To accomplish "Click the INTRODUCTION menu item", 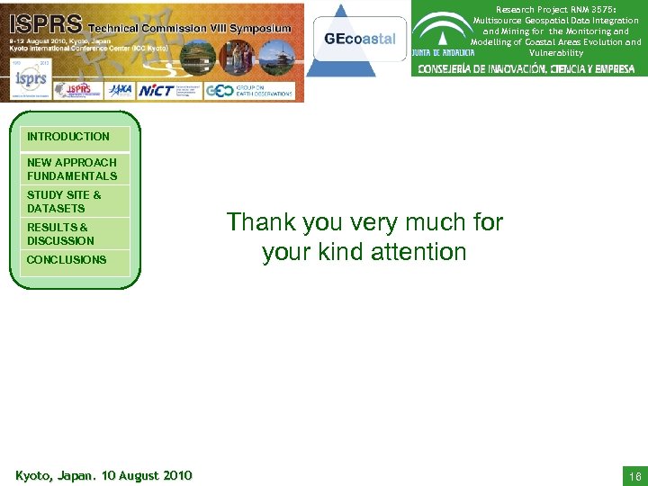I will (x=68, y=137).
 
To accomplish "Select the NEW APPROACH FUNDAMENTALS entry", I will (x=72, y=169).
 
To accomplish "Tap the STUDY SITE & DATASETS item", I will (x=65, y=202).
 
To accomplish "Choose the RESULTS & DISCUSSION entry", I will (x=60, y=234).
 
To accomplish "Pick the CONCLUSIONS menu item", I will (x=67, y=260).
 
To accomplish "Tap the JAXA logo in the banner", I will (x=119, y=90).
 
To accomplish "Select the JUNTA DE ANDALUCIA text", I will (x=445, y=52).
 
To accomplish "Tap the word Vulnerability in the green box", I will (x=556, y=53).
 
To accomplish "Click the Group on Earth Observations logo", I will (x=250, y=90).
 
